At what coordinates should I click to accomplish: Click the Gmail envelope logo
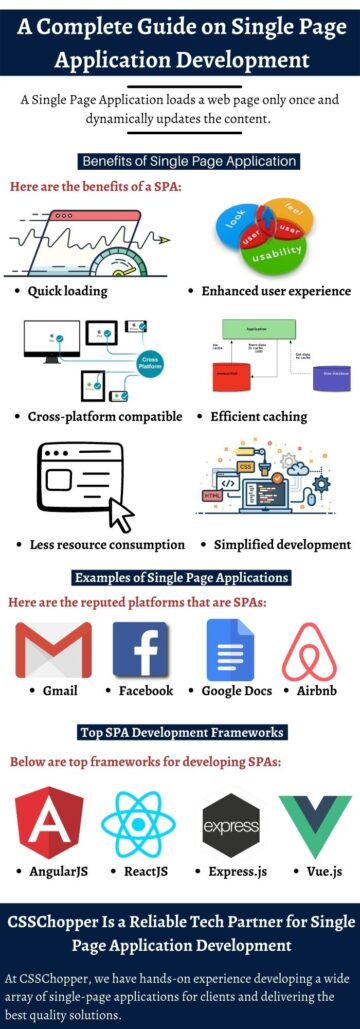coord(53,650)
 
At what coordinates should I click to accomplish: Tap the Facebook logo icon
coord(140,650)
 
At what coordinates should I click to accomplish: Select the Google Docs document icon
coord(226,650)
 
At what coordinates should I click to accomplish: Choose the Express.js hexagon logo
coord(230,826)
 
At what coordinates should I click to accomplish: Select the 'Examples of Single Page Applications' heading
coord(181,577)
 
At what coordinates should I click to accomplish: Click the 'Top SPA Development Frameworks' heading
coord(181,732)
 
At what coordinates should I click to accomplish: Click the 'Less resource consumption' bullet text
coord(106,545)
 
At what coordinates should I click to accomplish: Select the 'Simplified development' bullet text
coord(282,545)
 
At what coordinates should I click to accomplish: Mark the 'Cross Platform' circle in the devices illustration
coord(150,364)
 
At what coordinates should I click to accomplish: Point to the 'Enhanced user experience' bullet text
coord(276,291)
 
